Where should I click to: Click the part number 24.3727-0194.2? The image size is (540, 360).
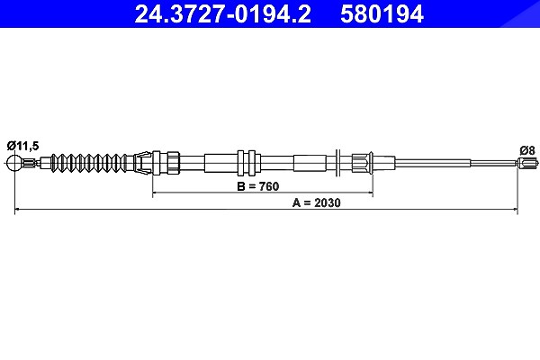point(222,14)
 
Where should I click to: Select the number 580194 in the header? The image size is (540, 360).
point(382,14)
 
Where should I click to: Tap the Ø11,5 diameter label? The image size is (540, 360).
point(23,146)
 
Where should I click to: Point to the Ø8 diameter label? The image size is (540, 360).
point(527,150)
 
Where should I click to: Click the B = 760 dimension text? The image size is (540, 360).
point(258,186)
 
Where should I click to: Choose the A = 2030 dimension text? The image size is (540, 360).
point(316,202)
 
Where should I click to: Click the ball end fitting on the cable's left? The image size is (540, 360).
point(14,162)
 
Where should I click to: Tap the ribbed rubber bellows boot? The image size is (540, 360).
point(88,162)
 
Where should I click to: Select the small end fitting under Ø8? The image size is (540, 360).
point(527,163)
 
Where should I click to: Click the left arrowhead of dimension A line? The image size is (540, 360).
point(17,209)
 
